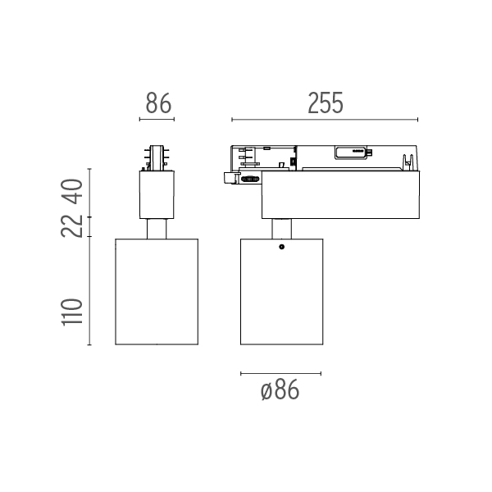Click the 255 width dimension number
coord(326,103)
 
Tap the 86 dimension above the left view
coord(158,103)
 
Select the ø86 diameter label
coord(280,389)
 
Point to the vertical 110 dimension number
coord(72,312)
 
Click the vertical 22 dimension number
coord(72,226)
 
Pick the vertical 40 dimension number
coord(72,191)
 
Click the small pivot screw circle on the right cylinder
coord(282,247)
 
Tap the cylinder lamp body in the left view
coord(157,292)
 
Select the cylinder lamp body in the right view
coord(282,292)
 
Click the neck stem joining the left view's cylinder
coord(157,229)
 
